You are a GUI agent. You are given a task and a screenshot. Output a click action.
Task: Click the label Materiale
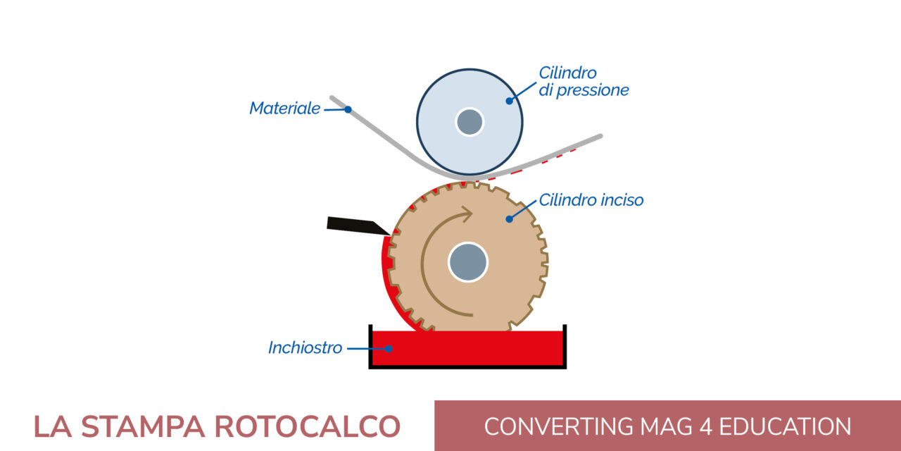(284, 109)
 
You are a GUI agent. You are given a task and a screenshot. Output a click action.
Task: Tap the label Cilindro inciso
(591, 200)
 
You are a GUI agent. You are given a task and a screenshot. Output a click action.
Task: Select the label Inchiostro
(305, 347)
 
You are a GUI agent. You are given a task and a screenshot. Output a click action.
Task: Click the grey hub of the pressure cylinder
(470, 122)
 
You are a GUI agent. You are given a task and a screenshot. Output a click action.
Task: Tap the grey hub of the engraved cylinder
(468, 262)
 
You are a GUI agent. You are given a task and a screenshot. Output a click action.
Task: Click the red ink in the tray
(479, 349)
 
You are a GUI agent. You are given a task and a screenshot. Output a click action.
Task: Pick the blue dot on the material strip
(348, 109)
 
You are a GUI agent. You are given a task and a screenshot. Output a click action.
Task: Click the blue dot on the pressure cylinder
(509, 101)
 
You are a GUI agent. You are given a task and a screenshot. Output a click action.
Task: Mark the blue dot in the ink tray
(388, 348)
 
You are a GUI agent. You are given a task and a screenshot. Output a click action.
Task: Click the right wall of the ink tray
(565, 345)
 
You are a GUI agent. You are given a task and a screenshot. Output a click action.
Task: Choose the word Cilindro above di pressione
(567, 73)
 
